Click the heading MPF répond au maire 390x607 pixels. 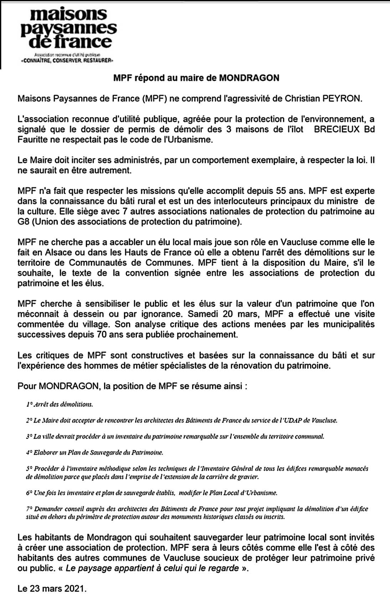[196, 78]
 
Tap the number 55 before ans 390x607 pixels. [281, 191]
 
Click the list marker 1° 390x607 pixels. [29, 404]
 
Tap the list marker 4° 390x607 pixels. [29, 452]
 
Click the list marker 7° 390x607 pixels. [29, 509]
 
